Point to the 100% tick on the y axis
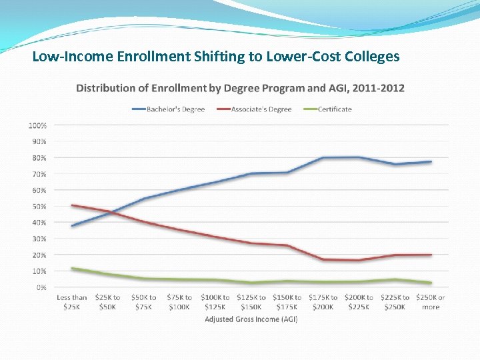37,125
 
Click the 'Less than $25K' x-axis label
72,302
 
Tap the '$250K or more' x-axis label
431,302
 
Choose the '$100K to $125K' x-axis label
215,302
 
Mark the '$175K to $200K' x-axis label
323,302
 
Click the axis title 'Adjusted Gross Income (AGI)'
251,319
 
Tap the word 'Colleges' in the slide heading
373,57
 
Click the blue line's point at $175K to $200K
323,158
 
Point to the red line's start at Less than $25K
72,205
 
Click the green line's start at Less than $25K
72,269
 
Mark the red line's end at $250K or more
431,255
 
